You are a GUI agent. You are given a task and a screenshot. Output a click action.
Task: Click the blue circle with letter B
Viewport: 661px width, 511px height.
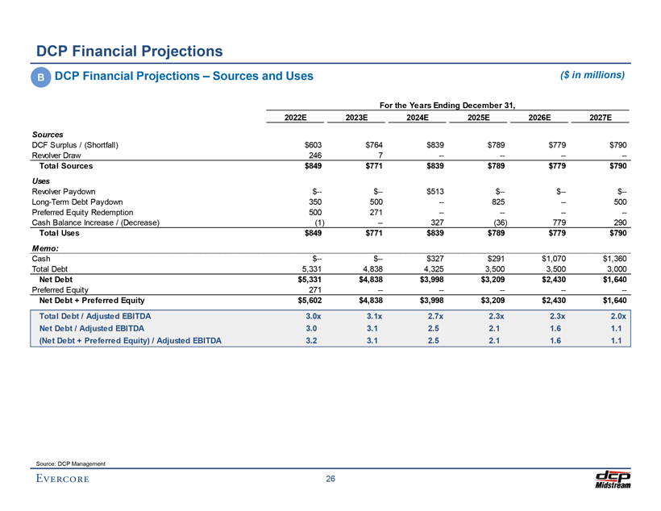point(39,77)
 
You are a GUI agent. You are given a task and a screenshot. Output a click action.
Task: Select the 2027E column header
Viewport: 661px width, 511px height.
point(601,117)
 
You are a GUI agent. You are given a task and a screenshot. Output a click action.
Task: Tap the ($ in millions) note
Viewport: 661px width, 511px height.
point(592,75)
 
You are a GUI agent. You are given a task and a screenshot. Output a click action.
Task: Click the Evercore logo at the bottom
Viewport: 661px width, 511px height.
point(62,481)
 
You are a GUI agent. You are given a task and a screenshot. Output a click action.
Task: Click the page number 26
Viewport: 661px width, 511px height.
point(330,480)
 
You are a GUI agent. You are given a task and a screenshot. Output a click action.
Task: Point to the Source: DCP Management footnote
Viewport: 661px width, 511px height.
point(71,462)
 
